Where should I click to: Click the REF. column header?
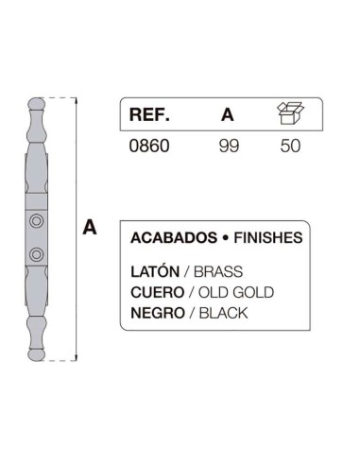[x=149, y=116]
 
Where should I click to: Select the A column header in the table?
[x=227, y=116]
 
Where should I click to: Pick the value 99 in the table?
[x=227, y=148]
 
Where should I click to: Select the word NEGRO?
[x=157, y=312]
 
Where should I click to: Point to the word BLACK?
[x=223, y=312]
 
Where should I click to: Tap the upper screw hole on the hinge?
[x=36, y=221]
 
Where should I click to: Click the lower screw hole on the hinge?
[x=36, y=253]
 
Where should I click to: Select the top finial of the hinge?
[x=35, y=105]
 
